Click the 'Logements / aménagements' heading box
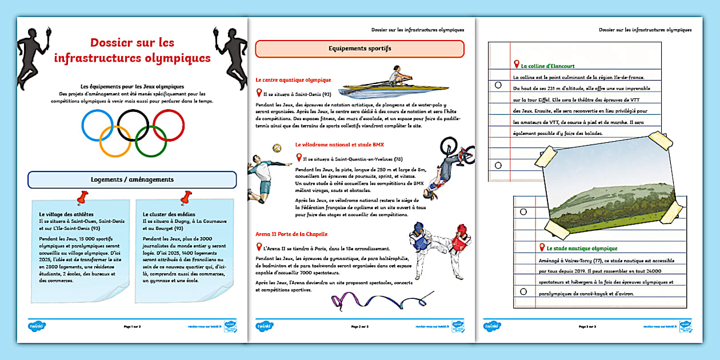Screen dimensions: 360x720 pyautogui.click(x=132, y=179)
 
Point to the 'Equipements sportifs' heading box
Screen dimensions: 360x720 pyautogui.click(x=359, y=49)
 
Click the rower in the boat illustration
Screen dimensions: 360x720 pyautogui.click(x=396, y=76)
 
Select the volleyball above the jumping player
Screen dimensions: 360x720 pyautogui.click(x=277, y=147)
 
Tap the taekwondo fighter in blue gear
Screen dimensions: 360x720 pyautogui.click(x=422, y=243)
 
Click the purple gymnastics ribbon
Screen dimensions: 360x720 pyautogui.click(x=377, y=301)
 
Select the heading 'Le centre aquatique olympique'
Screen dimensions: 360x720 pyautogui.click(x=293, y=81)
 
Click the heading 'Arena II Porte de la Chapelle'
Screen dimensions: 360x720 pyautogui.click(x=291, y=234)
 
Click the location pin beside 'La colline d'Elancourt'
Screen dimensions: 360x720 pyautogui.click(x=517, y=65)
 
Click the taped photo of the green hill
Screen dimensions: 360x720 pyautogui.click(x=609, y=186)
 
